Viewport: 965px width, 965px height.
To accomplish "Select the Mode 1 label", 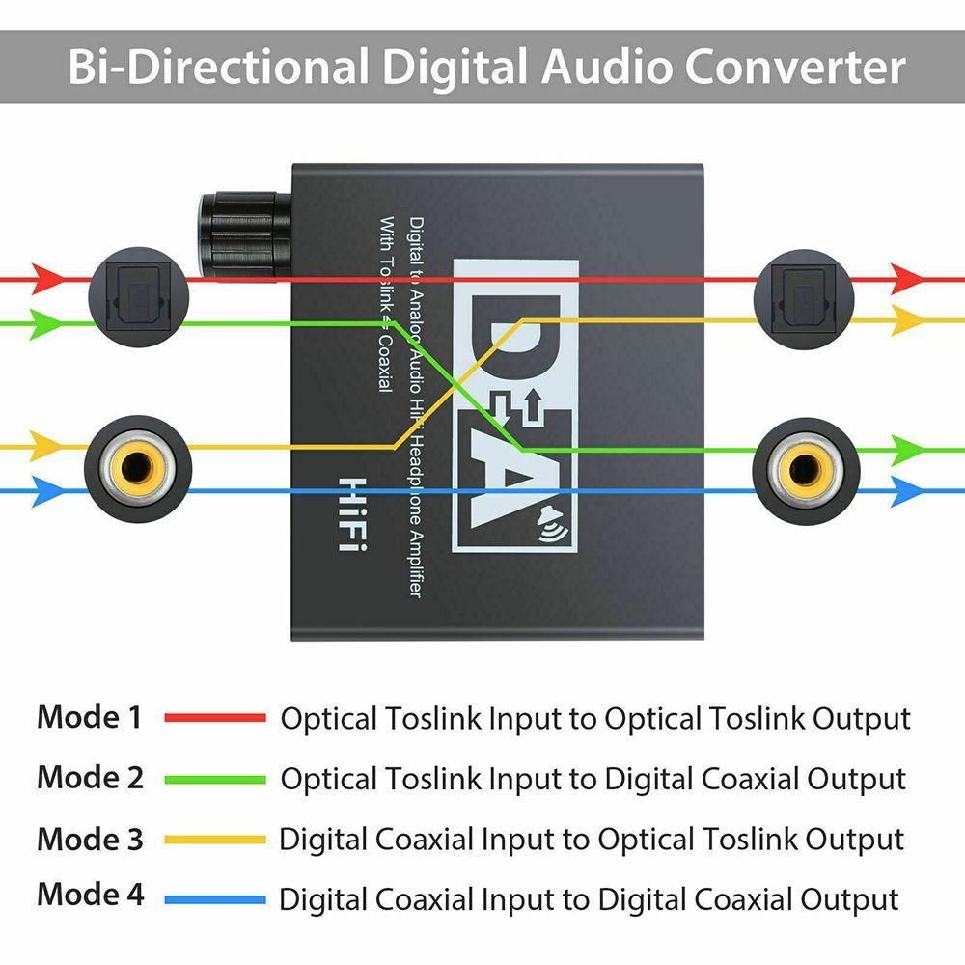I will [90, 717].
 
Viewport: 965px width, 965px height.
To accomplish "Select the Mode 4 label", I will [90, 895].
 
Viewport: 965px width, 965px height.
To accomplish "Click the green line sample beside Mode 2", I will [214, 778].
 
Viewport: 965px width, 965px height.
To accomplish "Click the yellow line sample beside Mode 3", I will [214, 839].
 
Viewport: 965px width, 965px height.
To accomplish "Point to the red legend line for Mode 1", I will [214, 718].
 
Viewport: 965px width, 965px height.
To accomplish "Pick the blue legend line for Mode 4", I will [214, 899].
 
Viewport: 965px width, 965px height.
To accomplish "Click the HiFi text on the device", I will [356, 514].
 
